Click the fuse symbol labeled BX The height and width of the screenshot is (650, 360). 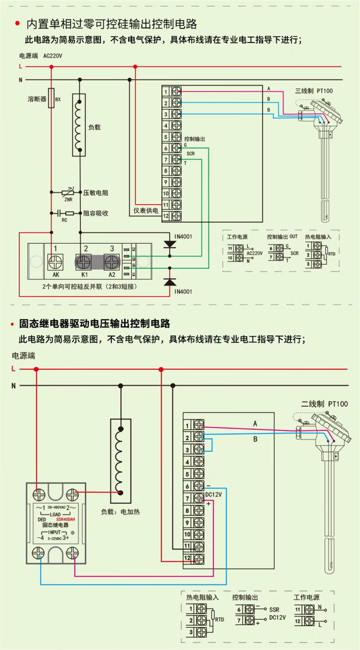click(51, 98)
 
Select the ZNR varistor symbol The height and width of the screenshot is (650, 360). click(68, 193)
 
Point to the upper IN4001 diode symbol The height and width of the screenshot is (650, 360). click(170, 245)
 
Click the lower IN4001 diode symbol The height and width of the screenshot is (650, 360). click(170, 282)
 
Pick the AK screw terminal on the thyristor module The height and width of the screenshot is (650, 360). click(56, 263)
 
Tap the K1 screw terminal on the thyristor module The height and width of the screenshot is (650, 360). click(84, 263)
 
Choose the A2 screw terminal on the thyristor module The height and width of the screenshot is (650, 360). click(112, 263)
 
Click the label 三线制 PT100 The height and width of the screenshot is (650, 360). click(314, 91)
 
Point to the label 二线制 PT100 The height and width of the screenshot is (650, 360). click(324, 404)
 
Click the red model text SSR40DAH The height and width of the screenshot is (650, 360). click(65, 519)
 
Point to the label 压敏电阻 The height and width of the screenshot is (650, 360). click(96, 193)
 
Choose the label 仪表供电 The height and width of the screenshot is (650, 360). click(146, 211)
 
